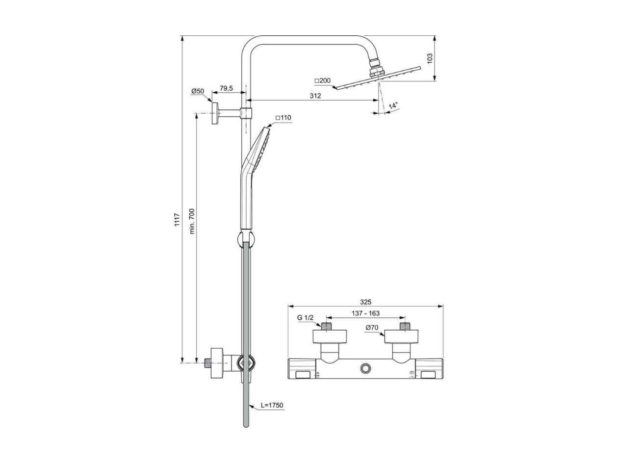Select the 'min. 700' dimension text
tap(192, 221)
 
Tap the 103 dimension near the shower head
tap(430, 58)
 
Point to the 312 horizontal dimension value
tap(315, 96)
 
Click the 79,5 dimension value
tap(226, 88)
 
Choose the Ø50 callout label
tap(198, 91)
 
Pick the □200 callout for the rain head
tap(323, 80)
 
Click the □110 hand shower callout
tap(283, 118)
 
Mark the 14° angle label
tap(393, 106)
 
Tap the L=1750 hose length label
tap(272, 405)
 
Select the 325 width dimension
tap(365, 302)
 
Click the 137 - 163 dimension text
tap(365, 313)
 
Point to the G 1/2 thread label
tap(305, 318)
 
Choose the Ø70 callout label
tap(372, 328)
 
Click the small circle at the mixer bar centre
tap(365, 368)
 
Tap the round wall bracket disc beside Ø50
tap(215, 113)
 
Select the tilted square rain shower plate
tap(378, 78)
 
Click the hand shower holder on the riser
tap(245, 239)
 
